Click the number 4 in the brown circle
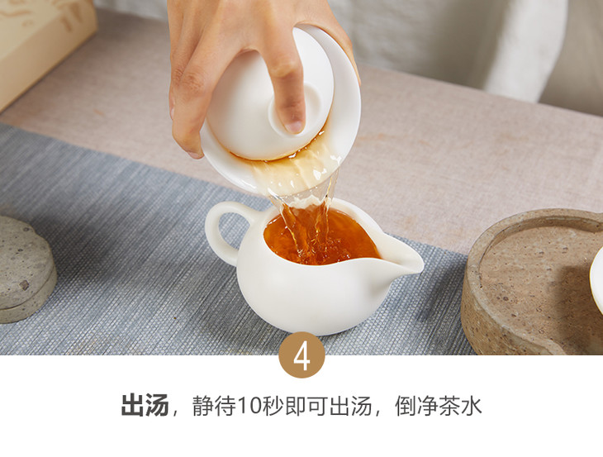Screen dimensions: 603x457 point(301,357)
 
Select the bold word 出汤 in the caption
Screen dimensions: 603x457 point(145,405)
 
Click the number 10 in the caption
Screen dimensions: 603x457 point(249,406)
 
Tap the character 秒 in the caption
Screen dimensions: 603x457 point(273,406)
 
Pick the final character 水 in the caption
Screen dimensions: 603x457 point(472,406)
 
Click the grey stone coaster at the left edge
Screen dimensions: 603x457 point(25,269)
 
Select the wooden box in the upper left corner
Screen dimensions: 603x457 point(42,46)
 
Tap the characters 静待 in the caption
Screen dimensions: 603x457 point(215,406)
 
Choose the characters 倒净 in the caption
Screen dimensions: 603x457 point(417,406)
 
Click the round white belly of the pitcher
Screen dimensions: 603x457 point(307,296)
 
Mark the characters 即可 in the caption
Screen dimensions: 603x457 point(306,406)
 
